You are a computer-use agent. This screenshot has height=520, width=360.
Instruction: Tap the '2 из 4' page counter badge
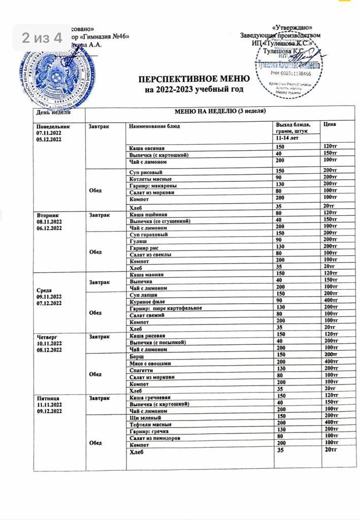42,38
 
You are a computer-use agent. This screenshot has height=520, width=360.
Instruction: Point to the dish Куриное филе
148,301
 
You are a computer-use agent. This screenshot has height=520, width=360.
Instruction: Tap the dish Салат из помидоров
155,438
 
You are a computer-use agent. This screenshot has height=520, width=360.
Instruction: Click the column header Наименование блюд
154,125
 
